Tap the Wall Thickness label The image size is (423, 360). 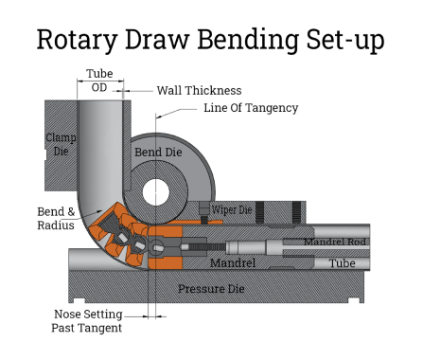click(x=199, y=90)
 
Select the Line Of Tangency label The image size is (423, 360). click(x=251, y=108)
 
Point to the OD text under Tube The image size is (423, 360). click(x=99, y=88)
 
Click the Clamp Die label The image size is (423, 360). click(x=61, y=145)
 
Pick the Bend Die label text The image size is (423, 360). click(x=158, y=153)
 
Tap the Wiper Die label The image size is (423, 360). click(x=230, y=209)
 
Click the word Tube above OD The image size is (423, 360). click(x=99, y=73)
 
